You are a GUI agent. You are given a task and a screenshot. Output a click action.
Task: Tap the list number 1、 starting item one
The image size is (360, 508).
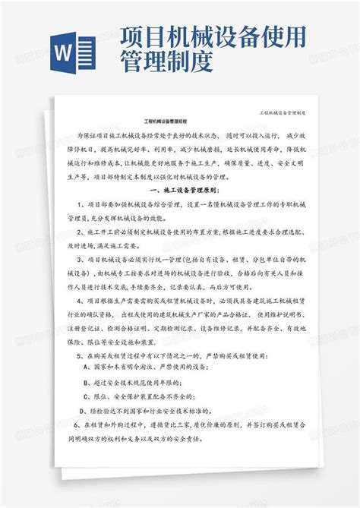[80, 206]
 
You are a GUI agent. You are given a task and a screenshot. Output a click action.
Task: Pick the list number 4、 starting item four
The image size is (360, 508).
[80, 321]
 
